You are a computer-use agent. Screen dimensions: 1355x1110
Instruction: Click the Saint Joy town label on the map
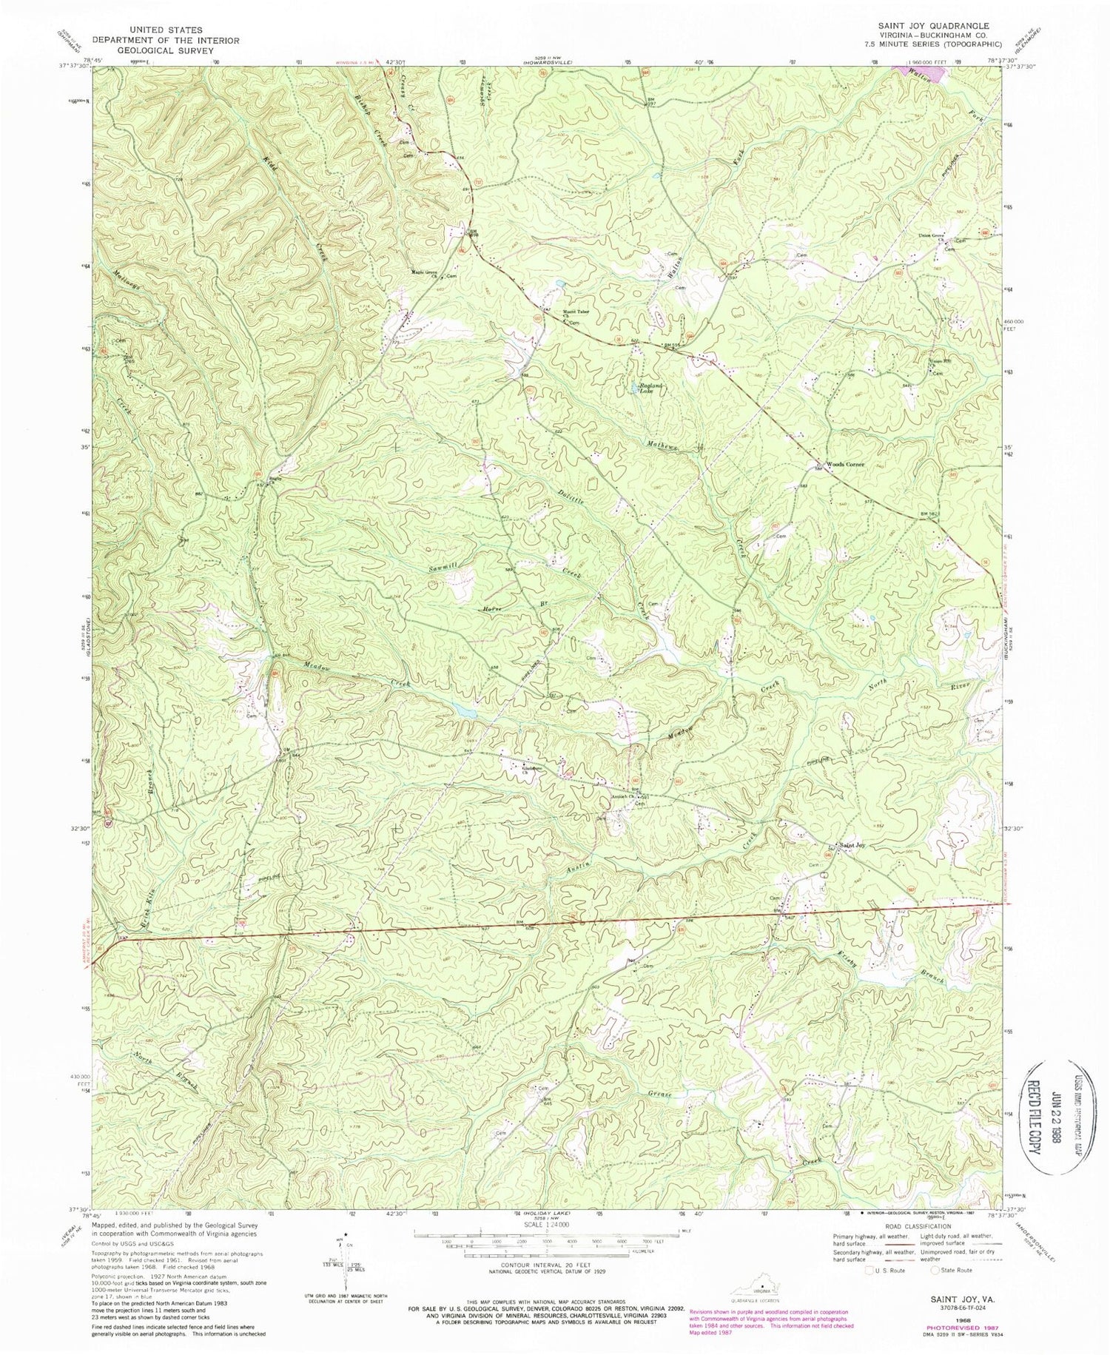(x=850, y=844)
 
